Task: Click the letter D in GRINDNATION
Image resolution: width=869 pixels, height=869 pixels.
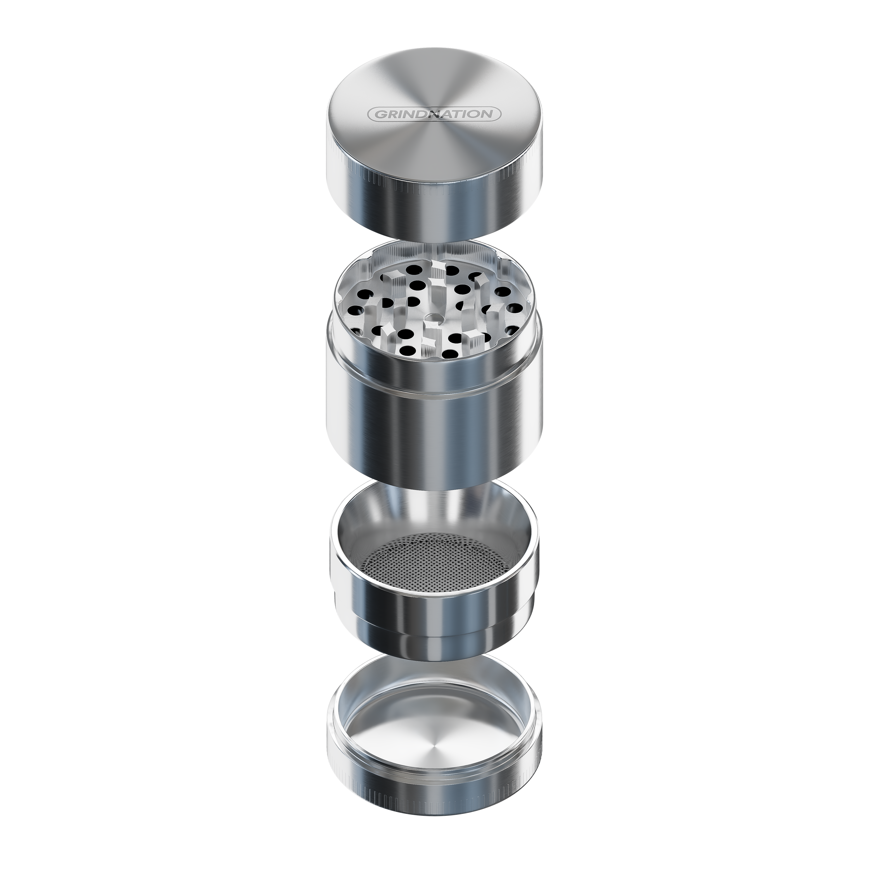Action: click(x=420, y=114)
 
